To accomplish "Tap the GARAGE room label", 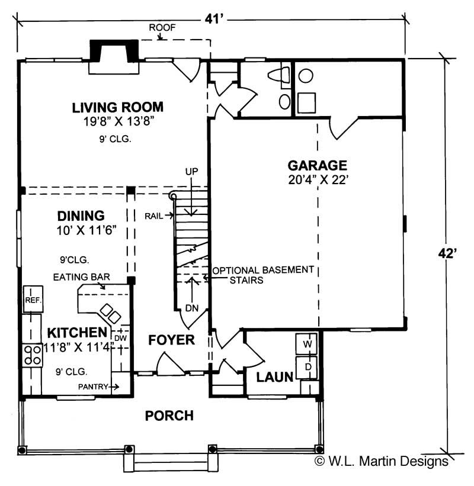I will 317,165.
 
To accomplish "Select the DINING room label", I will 81,215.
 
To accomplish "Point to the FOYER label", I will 171,340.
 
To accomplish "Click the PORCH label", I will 169,416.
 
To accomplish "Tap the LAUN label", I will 274,377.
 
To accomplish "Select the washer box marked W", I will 308,343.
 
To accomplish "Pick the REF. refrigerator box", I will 32,300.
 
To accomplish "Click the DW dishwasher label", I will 120,337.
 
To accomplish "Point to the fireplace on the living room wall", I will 114,57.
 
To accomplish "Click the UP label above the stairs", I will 191,171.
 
